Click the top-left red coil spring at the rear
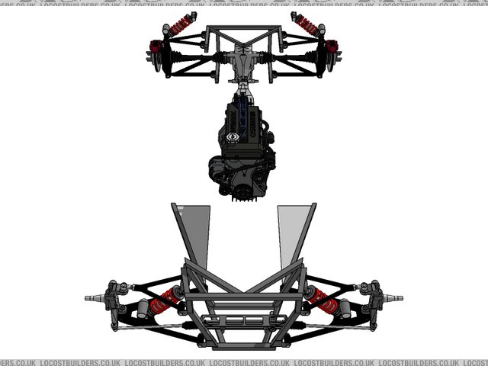pyautogui.click(x=181, y=24)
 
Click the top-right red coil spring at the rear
pyautogui.click(x=307, y=24)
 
